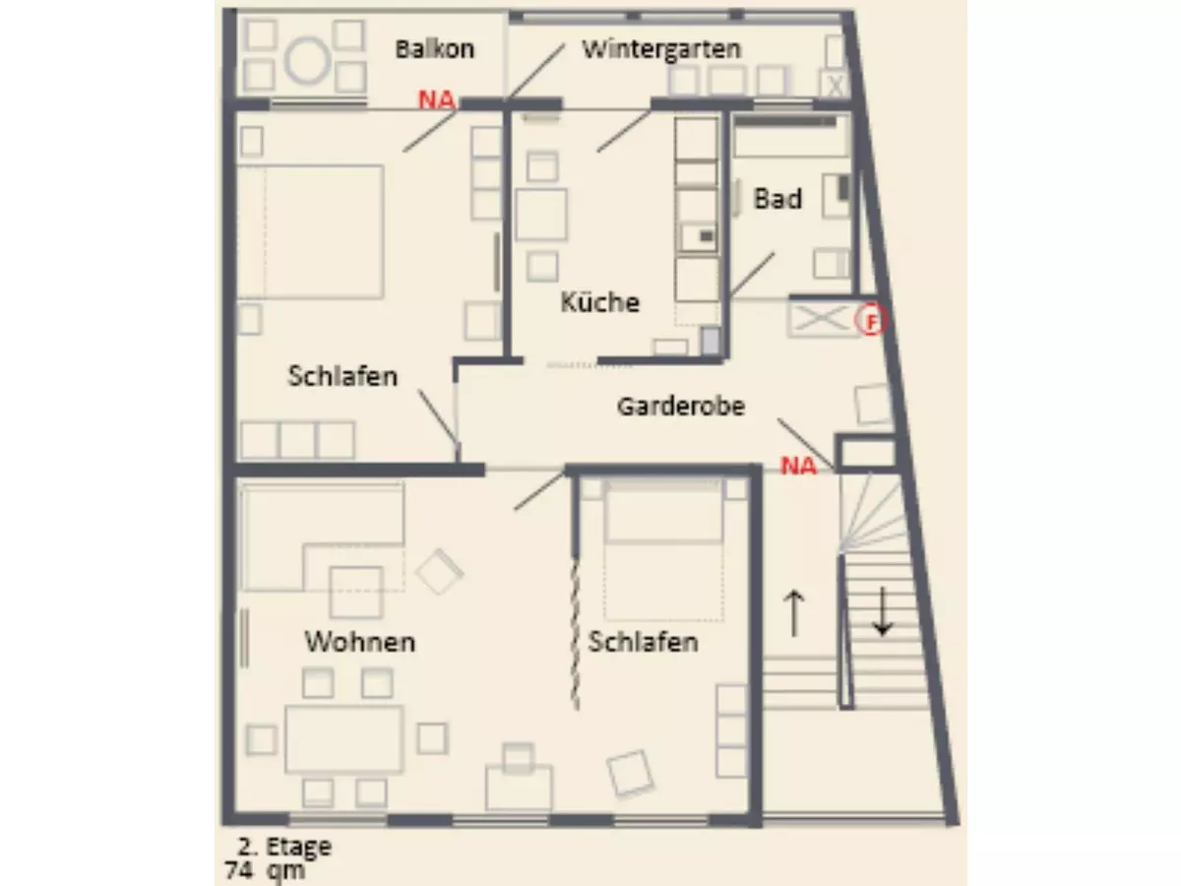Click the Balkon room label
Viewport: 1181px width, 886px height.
(x=434, y=49)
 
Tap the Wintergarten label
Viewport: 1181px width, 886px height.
(x=660, y=49)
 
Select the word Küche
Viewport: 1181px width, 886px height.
(x=599, y=301)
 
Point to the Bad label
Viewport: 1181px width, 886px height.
(x=777, y=199)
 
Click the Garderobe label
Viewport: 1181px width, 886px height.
(x=680, y=406)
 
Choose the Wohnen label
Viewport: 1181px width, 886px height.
(x=359, y=642)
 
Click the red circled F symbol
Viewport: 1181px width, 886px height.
(x=870, y=320)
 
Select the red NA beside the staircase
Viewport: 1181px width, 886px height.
(x=799, y=467)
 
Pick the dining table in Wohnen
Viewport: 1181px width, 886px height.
(x=343, y=738)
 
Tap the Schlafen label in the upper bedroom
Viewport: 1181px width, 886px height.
(x=342, y=375)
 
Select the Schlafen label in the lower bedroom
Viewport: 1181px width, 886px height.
(x=643, y=642)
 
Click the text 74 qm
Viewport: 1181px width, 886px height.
(x=265, y=869)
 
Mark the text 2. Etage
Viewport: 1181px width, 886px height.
(x=283, y=847)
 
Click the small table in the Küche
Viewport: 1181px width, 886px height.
(x=541, y=215)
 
